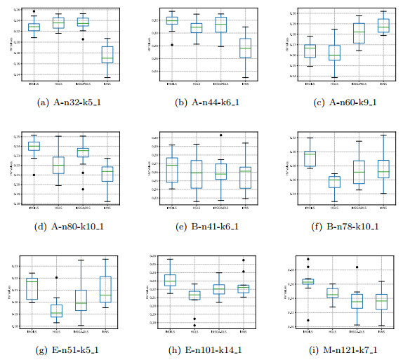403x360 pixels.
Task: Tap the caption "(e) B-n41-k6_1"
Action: point(201,227)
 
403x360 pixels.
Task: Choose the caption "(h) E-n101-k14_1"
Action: point(201,351)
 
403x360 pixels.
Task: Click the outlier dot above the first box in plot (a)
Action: point(34,12)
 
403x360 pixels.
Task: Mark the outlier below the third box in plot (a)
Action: point(83,39)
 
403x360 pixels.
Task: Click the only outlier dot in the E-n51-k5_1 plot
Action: point(56,278)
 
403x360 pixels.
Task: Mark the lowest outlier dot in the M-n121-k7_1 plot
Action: point(307,320)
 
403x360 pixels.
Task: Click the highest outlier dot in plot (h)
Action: point(244,260)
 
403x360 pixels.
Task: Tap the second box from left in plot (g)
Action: point(56,310)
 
